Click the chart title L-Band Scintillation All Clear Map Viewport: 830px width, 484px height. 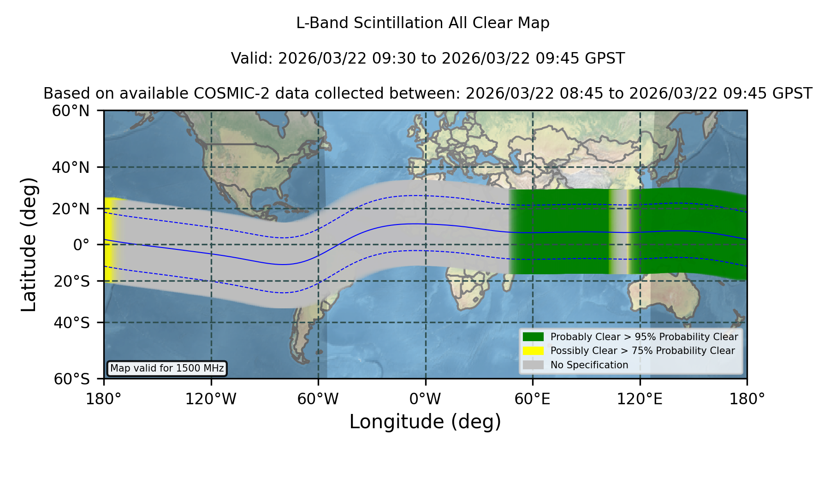pyautogui.click(x=422, y=23)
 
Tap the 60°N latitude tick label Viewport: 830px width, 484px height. pyautogui.click(x=71, y=111)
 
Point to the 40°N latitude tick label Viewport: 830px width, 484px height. pyautogui.click(x=71, y=167)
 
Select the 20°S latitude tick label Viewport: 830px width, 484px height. pyautogui.click(x=72, y=281)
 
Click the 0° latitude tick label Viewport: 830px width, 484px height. pyautogui.click(x=82, y=245)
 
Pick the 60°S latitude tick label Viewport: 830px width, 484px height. pyautogui.click(x=72, y=379)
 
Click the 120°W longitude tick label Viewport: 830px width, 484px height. pyautogui.click(x=211, y=399)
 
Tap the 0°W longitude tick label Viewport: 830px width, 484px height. pyautogui.click(x=425, y=399)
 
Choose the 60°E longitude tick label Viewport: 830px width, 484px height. pyautogui.click(x=533, y=399)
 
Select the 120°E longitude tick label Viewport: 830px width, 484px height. pyautogui.click(x=640, y=399)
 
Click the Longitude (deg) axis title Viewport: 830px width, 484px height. pyautogui.click(x=425, y=422)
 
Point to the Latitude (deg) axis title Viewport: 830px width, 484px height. pyautogui.click(x=29, y=244)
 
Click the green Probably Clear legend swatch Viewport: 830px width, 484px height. pyautogui.click(x=533, y=336)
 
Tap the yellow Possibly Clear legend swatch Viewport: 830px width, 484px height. pyautogui.click(x=533, y=351)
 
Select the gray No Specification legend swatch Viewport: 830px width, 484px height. pyautogui.click(x=533, y=365)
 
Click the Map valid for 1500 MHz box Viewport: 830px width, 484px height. pyautogui.click(x=167, y=368)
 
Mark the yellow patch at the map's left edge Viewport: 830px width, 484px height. pyautogui.click(x=109, y=240)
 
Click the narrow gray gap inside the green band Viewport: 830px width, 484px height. pyautogui.click(x=619, y=232)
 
